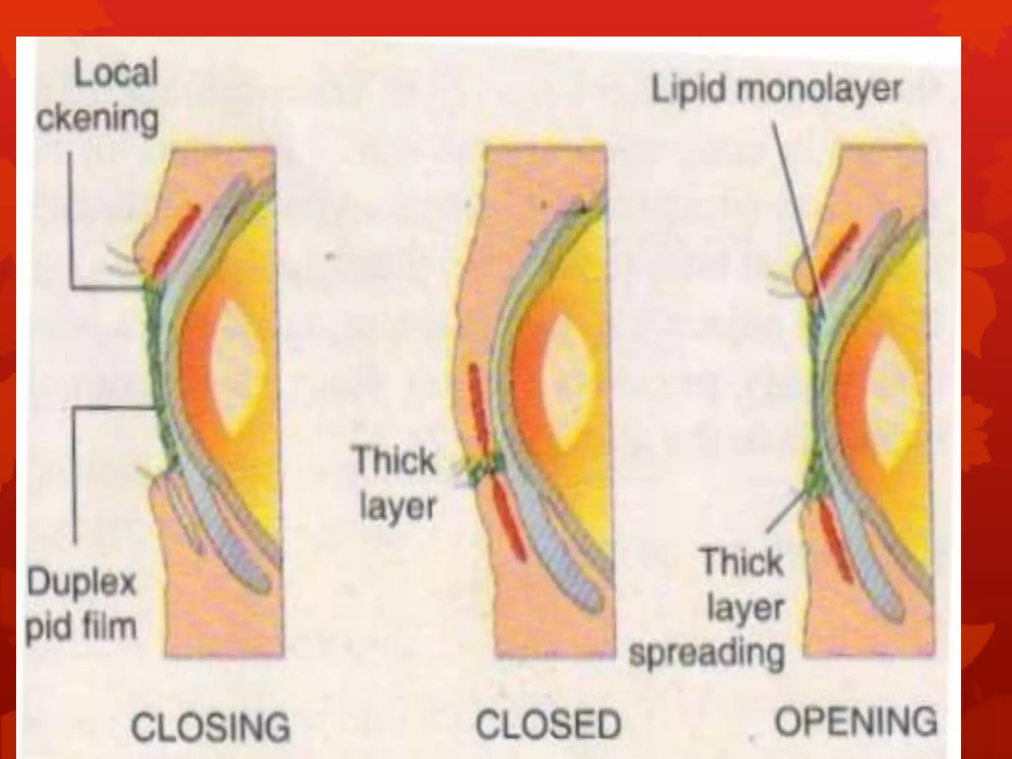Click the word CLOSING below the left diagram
(x=211, y=727)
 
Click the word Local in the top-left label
(x=116, y=73)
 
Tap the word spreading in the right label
(x=707, y=653)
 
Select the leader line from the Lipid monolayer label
(x=796, y=212)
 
